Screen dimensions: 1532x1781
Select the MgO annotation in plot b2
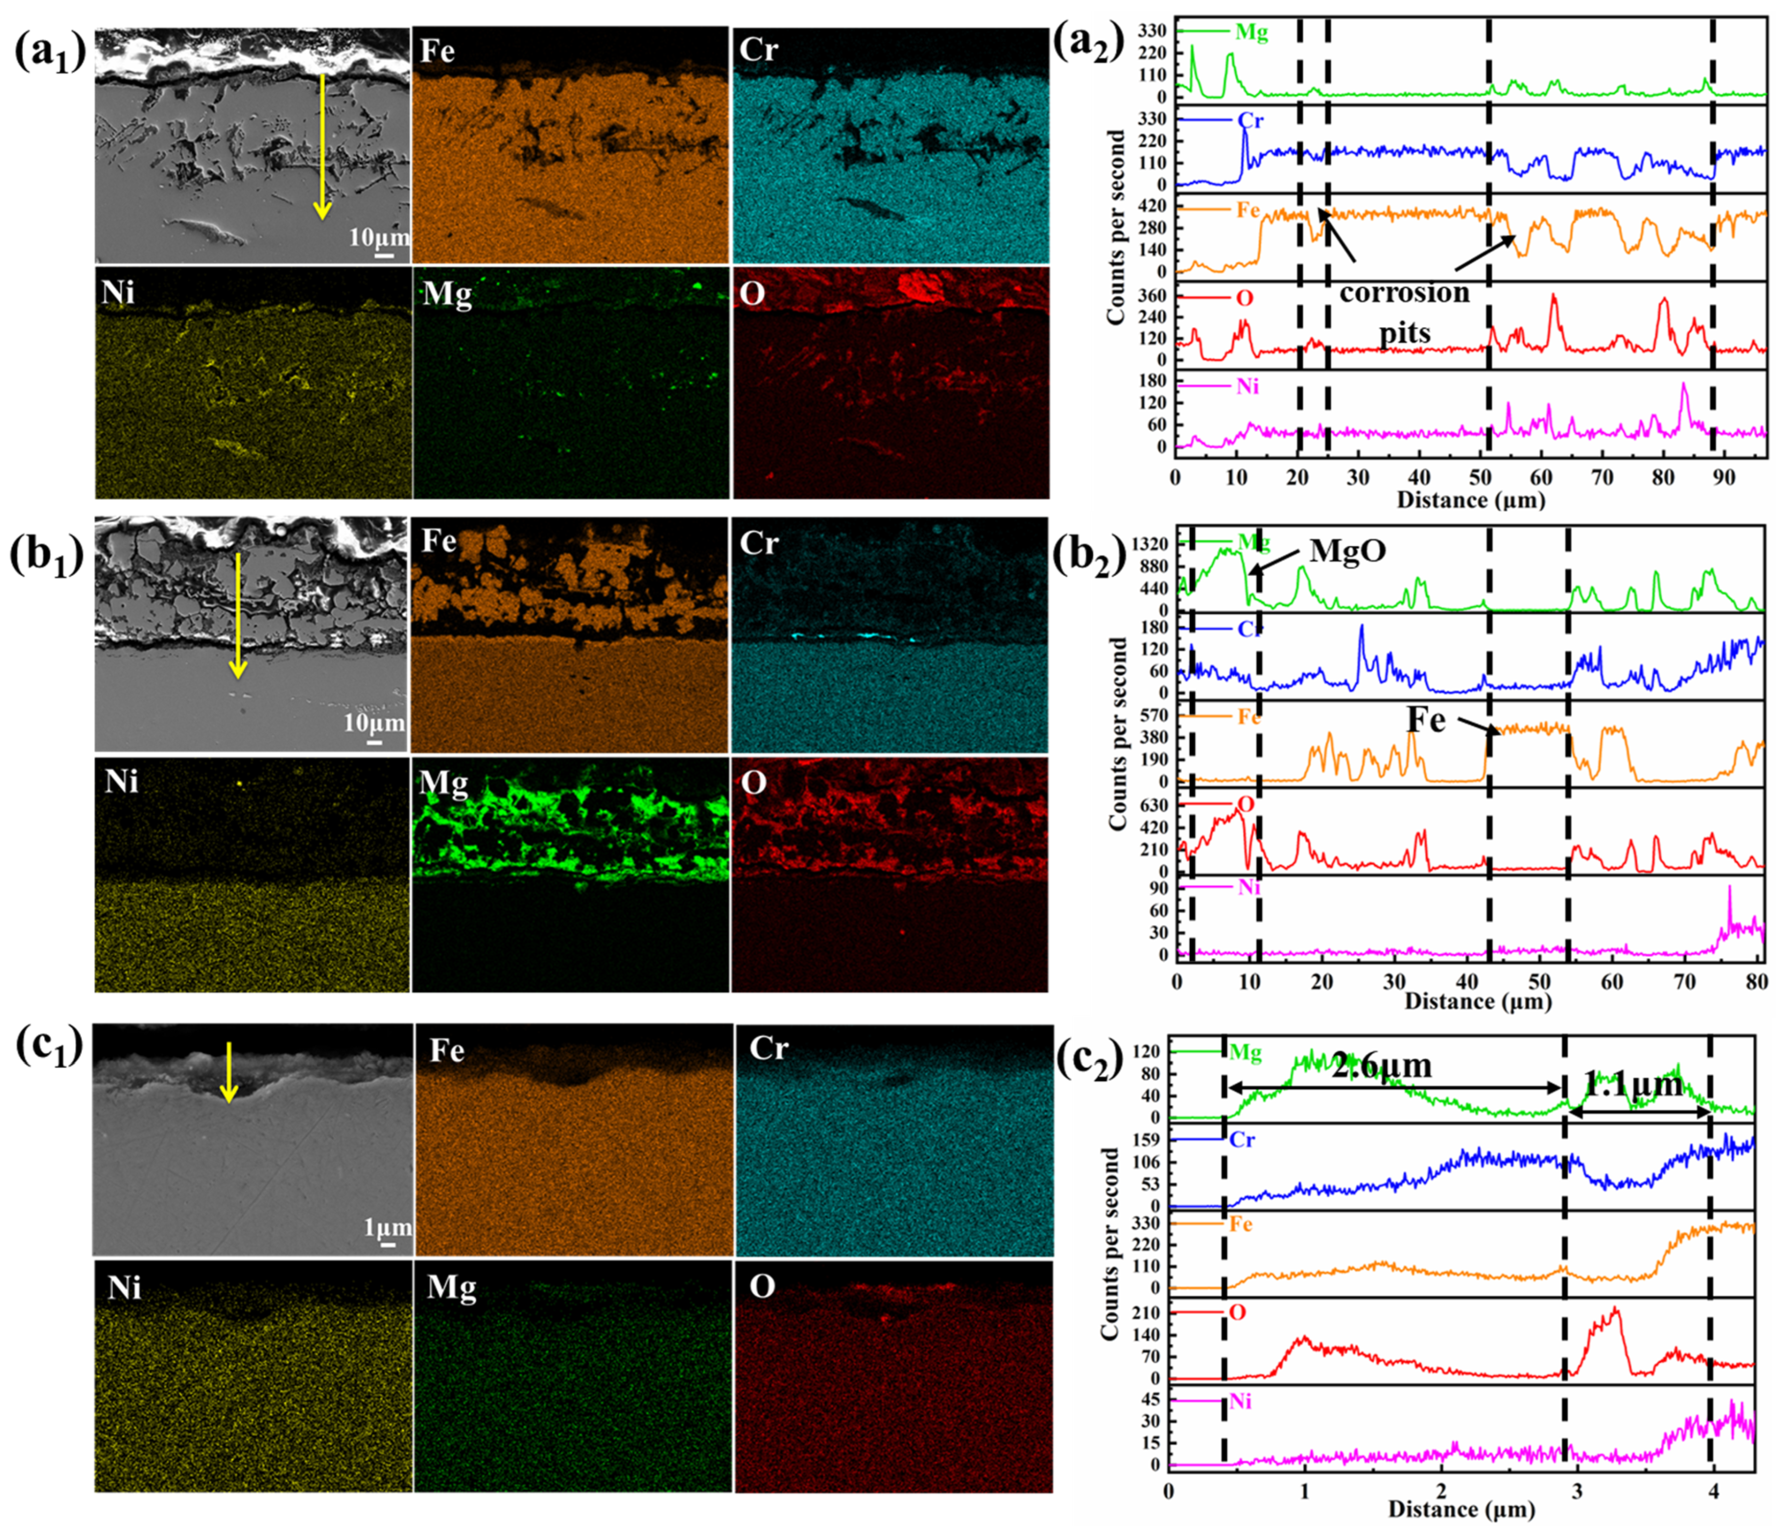1348,550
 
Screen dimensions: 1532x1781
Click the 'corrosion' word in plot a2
1404,293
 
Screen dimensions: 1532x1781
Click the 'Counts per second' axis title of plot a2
1116,228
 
